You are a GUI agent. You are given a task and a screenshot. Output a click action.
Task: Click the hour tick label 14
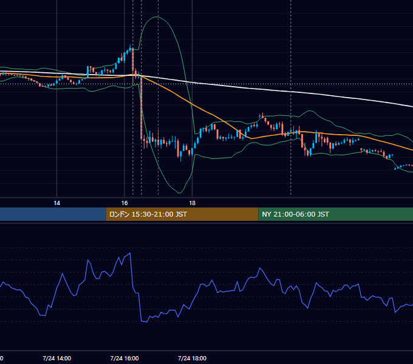pyautogui.click(x=56, y=203)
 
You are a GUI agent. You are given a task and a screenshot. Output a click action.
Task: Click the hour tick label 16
pyautogui.click(x=125, y=203)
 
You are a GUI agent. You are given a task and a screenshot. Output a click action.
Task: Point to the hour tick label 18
pyautogui.click(x=193, y=203)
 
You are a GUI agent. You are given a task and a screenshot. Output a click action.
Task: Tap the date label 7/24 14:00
pyautogui.click(x=56, y=358)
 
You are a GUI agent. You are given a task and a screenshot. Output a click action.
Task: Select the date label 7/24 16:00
pyautogui.click(x=125, y=358)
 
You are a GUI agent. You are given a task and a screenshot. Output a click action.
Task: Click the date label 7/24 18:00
pyautogui.click(x=192, y=358)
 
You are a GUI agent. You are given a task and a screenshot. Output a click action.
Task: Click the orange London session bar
pyautogui.click(x=182, y=214)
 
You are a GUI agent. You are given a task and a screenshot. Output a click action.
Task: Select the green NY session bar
pyautogui.click(x=336, y=214)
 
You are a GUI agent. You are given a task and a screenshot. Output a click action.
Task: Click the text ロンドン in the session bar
pyautogui.click(x=119, y=214)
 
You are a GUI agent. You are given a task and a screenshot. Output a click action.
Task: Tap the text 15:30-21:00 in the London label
pyautogui.click(x=152, y=214)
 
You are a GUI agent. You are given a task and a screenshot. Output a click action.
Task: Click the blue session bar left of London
pyautogui.click(x=53, y=214)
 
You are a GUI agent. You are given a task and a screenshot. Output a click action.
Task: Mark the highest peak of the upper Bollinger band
pyautogui.click(x=157, y=17)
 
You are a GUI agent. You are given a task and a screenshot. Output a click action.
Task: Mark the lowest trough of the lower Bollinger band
pyautogui.click(x=179, y=193)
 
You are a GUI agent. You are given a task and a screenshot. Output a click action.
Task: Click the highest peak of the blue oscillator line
pyautogui.click(x=130, y=253)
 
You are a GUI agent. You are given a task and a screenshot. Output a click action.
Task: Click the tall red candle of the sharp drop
pyautogui.click(x=142, y=108)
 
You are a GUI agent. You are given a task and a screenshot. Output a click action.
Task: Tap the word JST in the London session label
pyautogui.click(x=181, y=214)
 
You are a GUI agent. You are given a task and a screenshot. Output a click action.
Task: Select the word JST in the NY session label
pyautogui.click(x=323, y=214)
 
